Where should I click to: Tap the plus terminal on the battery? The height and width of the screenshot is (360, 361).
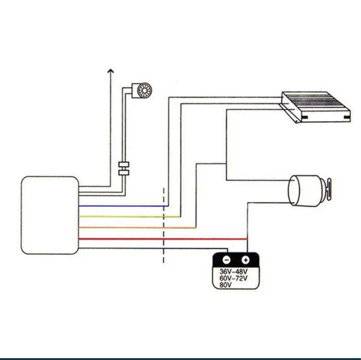click(245, 260)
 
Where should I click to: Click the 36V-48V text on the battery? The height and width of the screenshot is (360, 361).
click(233, 272)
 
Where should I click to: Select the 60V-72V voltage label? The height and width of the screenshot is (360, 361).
click(233, 278)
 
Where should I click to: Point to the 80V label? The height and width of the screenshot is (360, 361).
click(225, 284)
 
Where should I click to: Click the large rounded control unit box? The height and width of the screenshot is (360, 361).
click(49, 215)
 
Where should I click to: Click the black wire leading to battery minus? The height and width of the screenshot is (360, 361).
click(154, 249)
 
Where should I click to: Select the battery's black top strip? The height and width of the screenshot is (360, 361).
click(236, 260)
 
